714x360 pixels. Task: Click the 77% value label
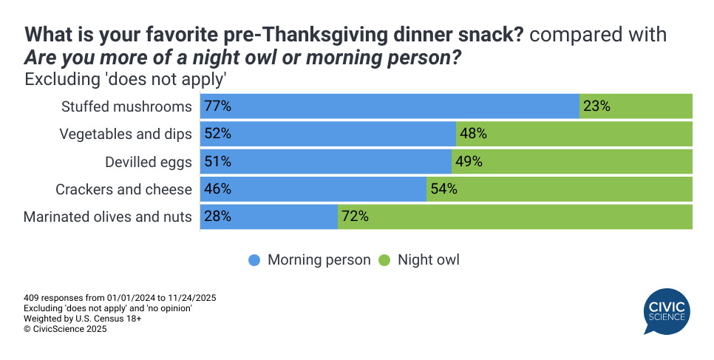coord(218,106)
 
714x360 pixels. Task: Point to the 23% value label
coord(596,106)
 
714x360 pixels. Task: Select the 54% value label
coord(444,189)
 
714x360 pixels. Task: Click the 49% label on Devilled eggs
coord(469,162)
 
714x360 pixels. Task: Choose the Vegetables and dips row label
coord(126,134)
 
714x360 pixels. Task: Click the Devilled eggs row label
coord(150,162)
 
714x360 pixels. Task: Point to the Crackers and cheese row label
coord(123,189)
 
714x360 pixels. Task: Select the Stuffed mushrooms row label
coord(126,106)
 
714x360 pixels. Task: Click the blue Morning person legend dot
coord(255,260)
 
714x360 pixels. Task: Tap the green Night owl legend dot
coord(385,260)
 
